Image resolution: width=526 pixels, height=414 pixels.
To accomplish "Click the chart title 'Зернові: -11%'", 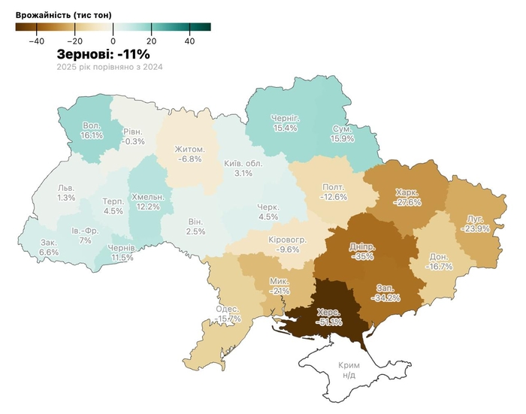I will (x=104, y=54).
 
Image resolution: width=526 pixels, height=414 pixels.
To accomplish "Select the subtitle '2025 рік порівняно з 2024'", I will (x=110, y=67).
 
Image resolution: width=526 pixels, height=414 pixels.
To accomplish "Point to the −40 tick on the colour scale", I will (x=35, y=41).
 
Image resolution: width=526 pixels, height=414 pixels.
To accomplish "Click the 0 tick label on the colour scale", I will (x=113, y=41).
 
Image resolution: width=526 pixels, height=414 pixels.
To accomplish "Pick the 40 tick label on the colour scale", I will (x=189, y=41).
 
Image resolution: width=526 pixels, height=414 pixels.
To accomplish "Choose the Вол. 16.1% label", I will (x=91, y=131).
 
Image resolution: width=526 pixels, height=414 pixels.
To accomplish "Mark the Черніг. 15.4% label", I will (x=285, y=123).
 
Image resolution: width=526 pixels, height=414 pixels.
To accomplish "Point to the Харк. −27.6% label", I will (x=408, y=198).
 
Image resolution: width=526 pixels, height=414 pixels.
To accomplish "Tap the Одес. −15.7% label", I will (x=227, y=314).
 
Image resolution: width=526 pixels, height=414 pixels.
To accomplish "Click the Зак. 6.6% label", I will (x=49, y=248).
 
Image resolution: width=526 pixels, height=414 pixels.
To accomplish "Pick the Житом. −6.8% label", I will (x=189, y=154).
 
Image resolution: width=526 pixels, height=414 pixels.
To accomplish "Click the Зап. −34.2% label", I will (x=385, y=292).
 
